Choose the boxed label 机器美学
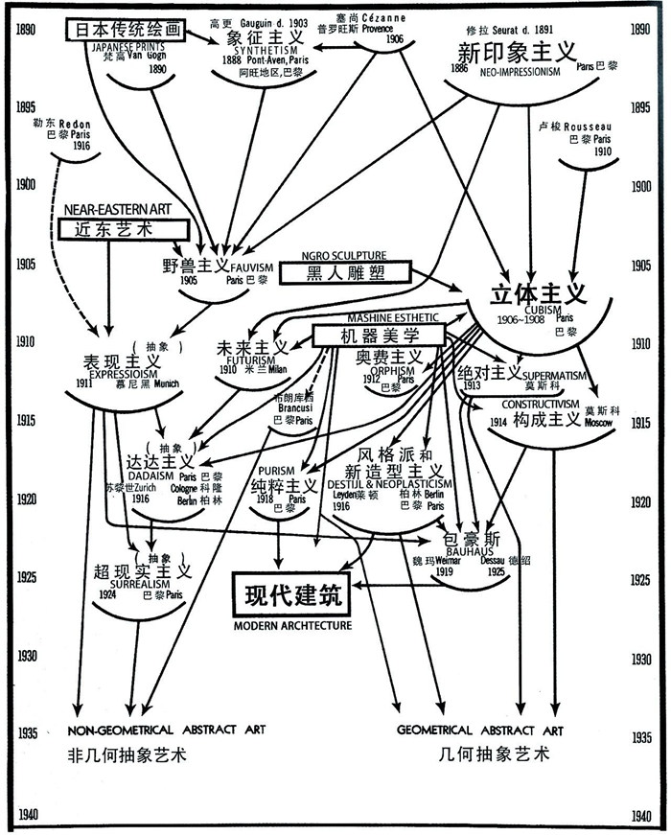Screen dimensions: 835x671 click(x=381, y=336)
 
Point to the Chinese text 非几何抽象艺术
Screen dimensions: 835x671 click(x=126, y=754)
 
